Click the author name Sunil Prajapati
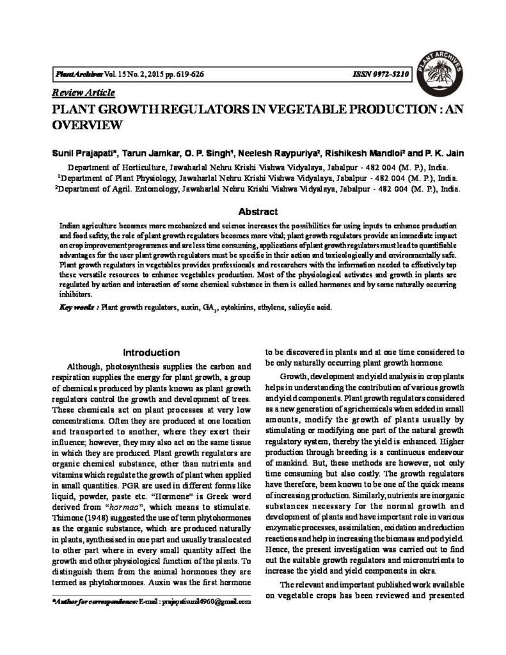coord(79,154)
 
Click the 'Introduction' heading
coord(151,352)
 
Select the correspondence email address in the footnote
coord(202,602)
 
